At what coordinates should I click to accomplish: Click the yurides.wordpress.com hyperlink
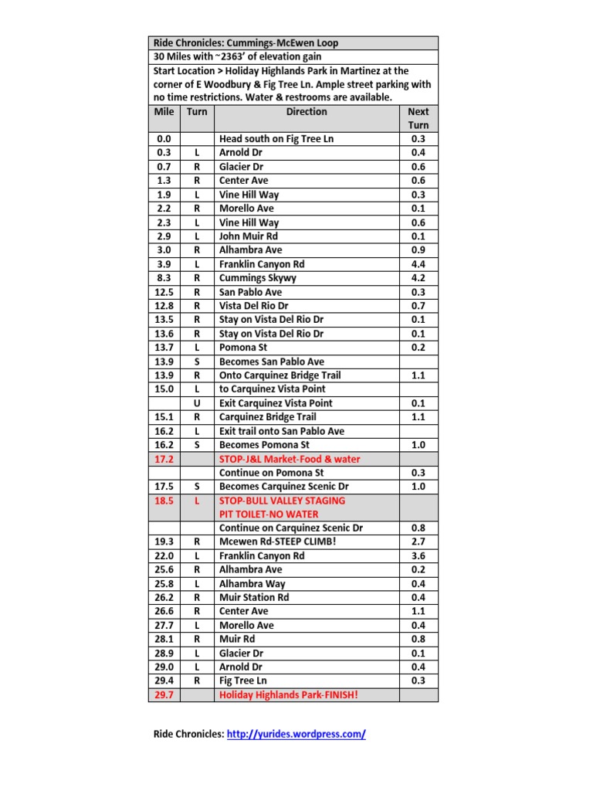296,734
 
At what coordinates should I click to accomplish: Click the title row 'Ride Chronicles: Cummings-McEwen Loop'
246,43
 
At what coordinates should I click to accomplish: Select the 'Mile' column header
164,112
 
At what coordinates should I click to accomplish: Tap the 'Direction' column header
307,112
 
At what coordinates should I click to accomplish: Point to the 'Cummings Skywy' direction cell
257,278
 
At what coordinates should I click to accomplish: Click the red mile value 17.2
164,459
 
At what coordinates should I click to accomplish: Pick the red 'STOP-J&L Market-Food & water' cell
290,459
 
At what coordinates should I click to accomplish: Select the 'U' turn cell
197,403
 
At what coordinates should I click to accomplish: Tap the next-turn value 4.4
418,264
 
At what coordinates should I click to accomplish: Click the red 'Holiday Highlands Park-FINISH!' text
289,695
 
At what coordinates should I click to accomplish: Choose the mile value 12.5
164,292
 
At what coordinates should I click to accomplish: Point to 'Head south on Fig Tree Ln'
277,139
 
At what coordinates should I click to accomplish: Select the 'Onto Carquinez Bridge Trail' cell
280,375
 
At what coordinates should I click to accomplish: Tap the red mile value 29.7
164,695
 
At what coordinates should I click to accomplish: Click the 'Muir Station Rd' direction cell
254,598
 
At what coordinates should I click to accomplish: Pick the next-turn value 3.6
418,556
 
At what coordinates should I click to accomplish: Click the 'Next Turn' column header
418,118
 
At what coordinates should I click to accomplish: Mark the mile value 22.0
164,556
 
